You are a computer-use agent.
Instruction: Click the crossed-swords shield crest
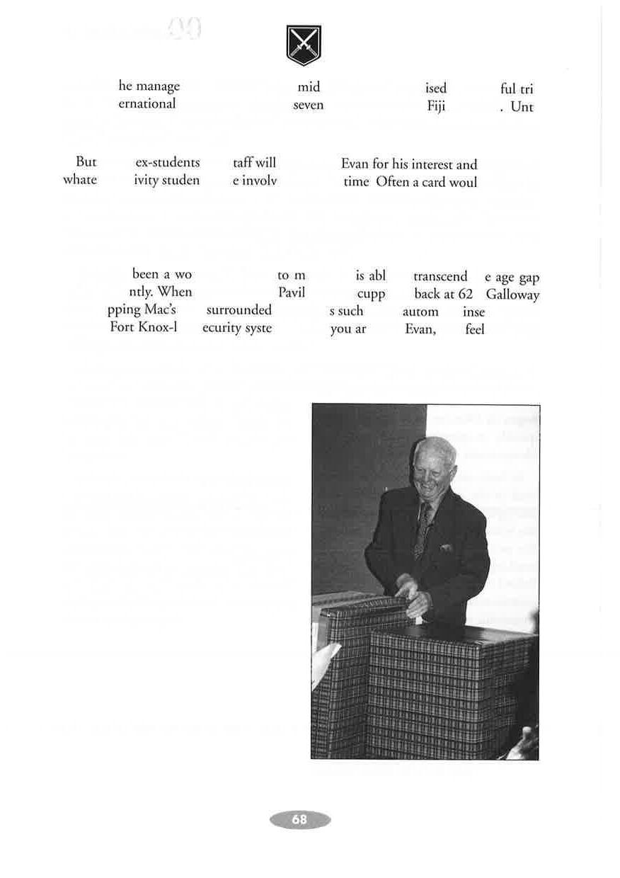pyautogui.click(x=304, y=45)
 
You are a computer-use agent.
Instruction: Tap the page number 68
pyautogui.click(x=299, y=819)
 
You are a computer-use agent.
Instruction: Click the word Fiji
pyautogui.click(x=436, y=107)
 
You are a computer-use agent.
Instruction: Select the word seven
pyautogui.click(x=308, y=105)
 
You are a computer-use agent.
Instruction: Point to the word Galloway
pyautogui.click(x=512, y=295)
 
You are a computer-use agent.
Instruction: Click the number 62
pyautogui.click(x=465, y=295)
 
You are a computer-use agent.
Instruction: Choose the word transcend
pyautogui.click(x=440, y=276)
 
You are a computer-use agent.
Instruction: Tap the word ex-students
pyautogui.click(x=167, y=164)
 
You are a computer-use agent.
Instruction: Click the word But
pyautogui.click(x=86, y=163)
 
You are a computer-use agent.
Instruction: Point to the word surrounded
pyautogui.click(x=239, y=310)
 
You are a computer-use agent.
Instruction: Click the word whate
pyautogui.click(x=80, y=180)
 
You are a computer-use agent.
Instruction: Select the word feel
pyautogui.click(x=475, y=329)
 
